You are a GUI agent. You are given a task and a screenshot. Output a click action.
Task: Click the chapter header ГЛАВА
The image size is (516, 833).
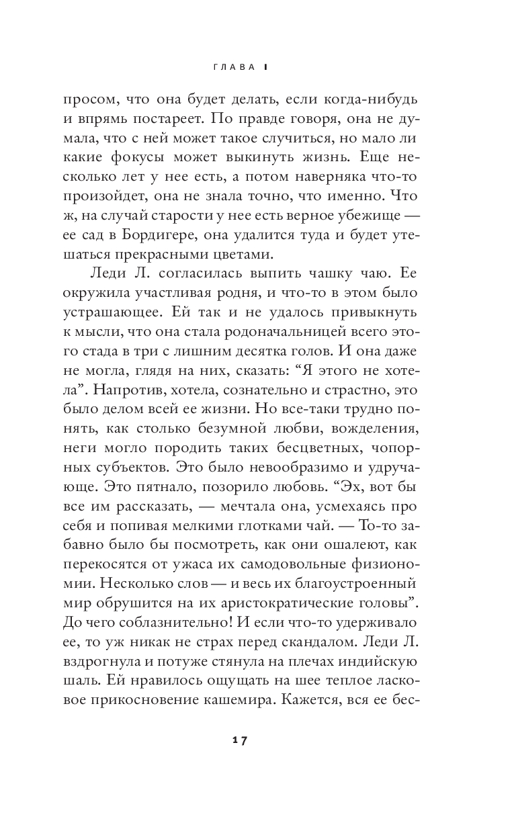tap(232, 67)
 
